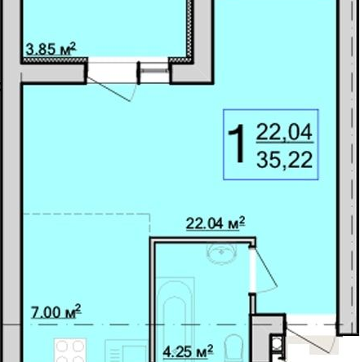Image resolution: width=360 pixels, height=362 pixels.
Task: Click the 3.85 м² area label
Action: tap(51, 49)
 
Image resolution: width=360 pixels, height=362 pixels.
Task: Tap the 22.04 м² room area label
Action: tap(216, 223)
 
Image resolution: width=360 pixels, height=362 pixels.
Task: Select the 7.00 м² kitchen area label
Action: tap(56, 311)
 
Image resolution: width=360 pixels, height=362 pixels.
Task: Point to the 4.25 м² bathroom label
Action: tap(188, 351)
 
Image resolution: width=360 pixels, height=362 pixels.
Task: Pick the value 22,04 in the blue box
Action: tap(284, 132)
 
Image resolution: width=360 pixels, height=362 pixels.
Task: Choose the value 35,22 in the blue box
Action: tap(284, 160)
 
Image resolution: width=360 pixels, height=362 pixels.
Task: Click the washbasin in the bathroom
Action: tap(221, 254)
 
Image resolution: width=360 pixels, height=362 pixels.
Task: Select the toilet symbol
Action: tap(234, 348)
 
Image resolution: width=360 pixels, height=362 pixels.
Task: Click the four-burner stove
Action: tap(70, 350)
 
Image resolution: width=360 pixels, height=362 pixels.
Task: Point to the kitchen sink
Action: tap(127, 351)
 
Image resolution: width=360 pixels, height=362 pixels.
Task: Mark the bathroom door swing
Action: tap(265, 271)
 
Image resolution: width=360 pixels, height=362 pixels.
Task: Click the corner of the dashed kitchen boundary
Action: tap(149, 214)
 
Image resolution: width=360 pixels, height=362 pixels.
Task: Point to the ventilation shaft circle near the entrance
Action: tap(277, 343)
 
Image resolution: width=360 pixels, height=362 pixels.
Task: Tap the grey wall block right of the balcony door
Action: tap(192, 73)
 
